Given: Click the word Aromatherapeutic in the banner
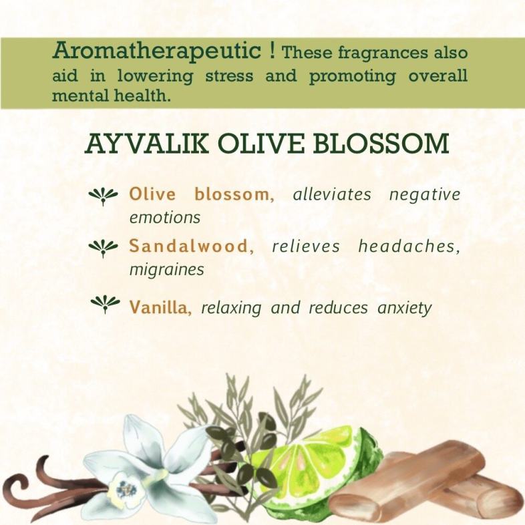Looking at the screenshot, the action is (157, 51).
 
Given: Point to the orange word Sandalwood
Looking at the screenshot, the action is (189, 246).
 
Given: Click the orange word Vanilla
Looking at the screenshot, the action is (160, 307).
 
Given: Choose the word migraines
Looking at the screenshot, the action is (167, 270).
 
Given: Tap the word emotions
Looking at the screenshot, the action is (165, 218).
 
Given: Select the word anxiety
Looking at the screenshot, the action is (405, 308).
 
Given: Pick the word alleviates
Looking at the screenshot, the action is (332, 194).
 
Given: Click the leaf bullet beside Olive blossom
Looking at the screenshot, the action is (103, 196).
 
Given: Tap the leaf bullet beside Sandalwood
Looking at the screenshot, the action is (103, 248).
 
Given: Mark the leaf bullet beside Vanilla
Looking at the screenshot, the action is (105, 304).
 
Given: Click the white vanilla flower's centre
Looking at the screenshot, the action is (126, 491).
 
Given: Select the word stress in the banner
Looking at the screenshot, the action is (229, 75).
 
